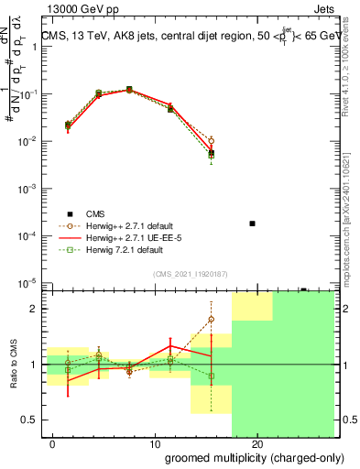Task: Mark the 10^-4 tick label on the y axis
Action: [29, 236]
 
